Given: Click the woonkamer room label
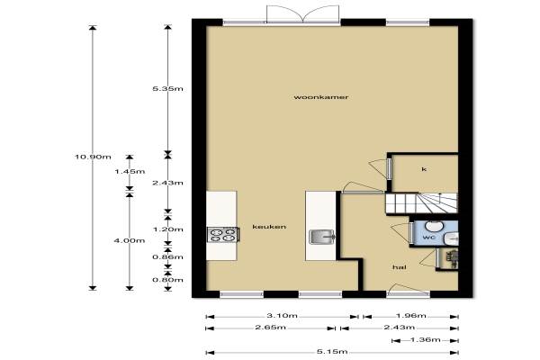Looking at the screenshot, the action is click(321, 97).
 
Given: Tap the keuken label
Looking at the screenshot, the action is click(269, 227).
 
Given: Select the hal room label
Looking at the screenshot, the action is click(400, 267).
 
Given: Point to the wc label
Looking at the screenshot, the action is click(428, 238).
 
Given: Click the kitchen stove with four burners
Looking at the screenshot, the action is click(223, 235).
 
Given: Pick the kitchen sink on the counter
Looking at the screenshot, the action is click(322, 237).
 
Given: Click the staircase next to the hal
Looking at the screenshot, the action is click(421, 203).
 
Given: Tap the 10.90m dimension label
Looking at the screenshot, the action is click(93, 157).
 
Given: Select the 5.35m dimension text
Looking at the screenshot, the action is click(167, 89).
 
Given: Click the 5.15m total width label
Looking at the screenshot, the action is click(332, 352).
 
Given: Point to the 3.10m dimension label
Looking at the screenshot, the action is click(282, 316).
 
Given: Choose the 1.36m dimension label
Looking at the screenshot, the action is click(426, 340).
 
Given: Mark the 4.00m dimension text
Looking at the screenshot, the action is click(130, 240).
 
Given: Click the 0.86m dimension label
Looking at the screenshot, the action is click(167, 257).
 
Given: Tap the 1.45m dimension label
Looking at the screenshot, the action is click(130, 172).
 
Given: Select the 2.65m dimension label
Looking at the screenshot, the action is click(271, 328).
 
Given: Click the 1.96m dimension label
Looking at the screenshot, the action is click(411, 316).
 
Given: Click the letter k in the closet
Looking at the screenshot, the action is click(424, 169).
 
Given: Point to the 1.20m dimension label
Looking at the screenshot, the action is click(167, 229).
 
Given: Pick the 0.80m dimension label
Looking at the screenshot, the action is click(167, 280).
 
